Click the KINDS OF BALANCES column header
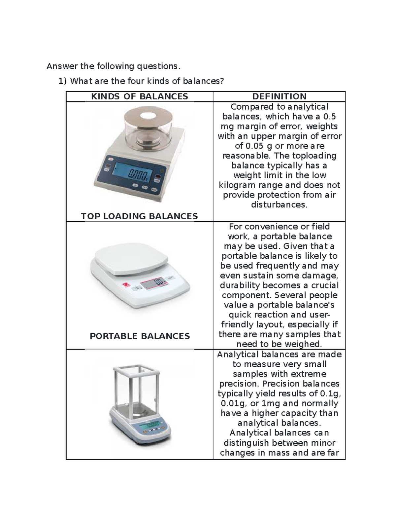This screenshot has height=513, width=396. point(139,96)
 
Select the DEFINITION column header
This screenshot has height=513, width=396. point(279,96)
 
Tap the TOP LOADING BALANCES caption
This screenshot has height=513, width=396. point(139,216)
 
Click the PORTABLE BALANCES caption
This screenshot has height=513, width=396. point(140,336)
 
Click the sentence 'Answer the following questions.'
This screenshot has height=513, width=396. point(114,66)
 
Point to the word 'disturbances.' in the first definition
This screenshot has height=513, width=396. point(279,205)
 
